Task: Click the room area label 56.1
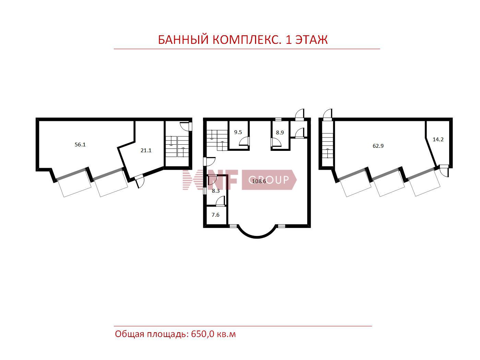80,144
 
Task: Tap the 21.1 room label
146,151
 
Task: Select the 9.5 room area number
238,132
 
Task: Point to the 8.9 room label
280,132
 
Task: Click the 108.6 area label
259,181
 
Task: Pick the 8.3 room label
216,191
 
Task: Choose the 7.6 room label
215,215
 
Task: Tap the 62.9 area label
378,146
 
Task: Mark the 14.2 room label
438,140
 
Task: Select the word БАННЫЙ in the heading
183,39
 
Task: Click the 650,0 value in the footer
203,334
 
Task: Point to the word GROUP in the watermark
269,180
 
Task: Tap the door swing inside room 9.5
244,141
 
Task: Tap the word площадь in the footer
168,335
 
